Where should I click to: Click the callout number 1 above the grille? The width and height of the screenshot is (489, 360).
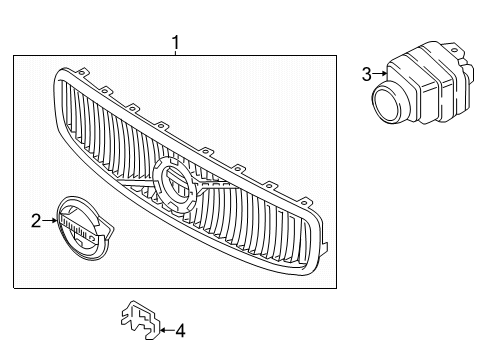(x=175, y=42)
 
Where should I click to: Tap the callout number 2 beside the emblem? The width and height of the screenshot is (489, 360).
(x=36, y=221)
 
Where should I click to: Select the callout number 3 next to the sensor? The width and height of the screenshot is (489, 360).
(x=366, y=73)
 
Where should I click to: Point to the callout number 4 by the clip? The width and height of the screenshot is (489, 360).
(x=180, y=329)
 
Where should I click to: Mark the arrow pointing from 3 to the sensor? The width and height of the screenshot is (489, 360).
(x=380, y=73)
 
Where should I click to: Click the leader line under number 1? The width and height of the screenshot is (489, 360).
(x=175, y=54)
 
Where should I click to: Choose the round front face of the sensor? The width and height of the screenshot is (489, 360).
(x=387, y=101)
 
